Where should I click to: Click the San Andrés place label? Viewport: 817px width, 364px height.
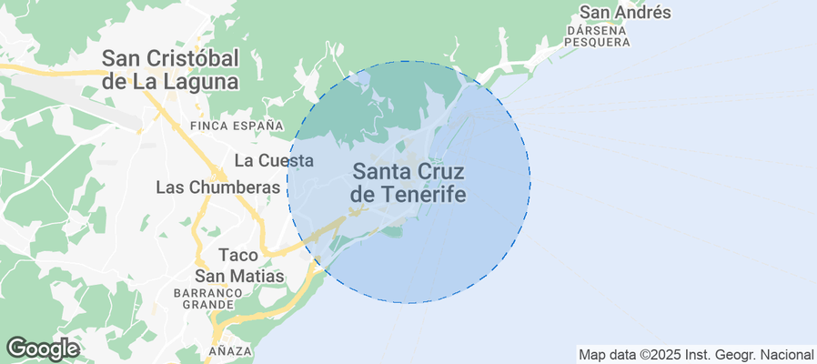[625, 13]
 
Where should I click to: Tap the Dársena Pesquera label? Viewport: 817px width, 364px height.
[597, 35]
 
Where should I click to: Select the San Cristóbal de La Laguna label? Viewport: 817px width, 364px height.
[170, 69]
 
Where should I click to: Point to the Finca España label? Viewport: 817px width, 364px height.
[237, 125]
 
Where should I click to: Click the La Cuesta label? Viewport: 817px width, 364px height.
[274, 161]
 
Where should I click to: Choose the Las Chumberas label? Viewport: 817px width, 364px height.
[217, 187]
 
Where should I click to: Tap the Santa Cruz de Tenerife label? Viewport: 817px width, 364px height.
[409, 182]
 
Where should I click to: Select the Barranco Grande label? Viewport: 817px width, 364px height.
[208, 299]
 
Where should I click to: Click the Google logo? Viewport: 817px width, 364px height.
[42, 349]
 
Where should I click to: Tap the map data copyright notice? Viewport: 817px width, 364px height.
[696, 354]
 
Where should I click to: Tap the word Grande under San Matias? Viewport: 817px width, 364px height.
[208, 306]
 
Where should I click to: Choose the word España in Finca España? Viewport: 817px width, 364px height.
[257, 125]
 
